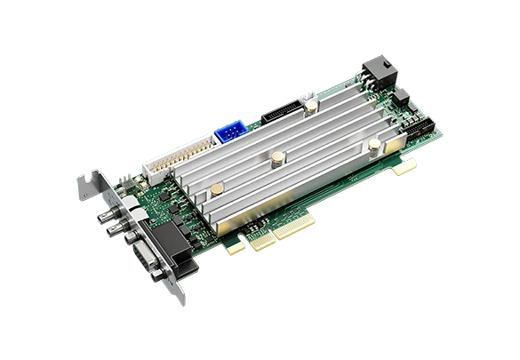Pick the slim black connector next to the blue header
click(x=278, y=115)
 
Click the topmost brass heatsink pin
click(x=314, y=106)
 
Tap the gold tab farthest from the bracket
click(x=405, y=166)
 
